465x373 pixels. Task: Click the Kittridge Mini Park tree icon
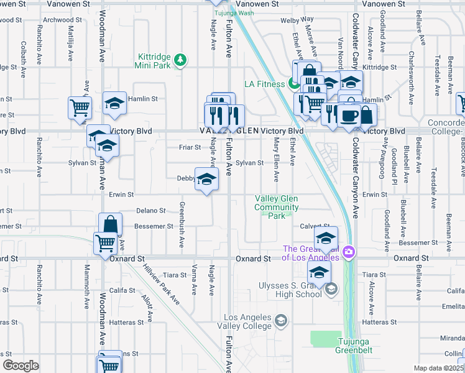click(180, 60)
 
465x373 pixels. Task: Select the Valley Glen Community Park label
click(277, 207)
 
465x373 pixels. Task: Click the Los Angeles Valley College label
click(248, 321)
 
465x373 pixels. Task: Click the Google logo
click(21, 366)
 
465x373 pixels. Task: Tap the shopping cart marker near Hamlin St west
click(80, 108)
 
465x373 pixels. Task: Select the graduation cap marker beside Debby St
click(207, 180)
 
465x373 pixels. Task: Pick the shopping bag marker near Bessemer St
click(109, 225)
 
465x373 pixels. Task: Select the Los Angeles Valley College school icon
click(280, 321)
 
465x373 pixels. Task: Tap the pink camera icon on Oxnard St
click(349, 251)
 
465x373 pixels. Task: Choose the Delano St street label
click(150, 211)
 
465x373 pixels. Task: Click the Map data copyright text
click(439, 368)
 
